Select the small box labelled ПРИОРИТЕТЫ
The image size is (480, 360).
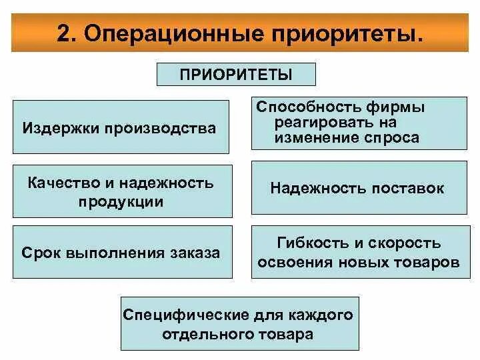tap(236, 74)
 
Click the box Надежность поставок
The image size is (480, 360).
tap(357, 189)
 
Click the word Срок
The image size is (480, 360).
tap(39, 253)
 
